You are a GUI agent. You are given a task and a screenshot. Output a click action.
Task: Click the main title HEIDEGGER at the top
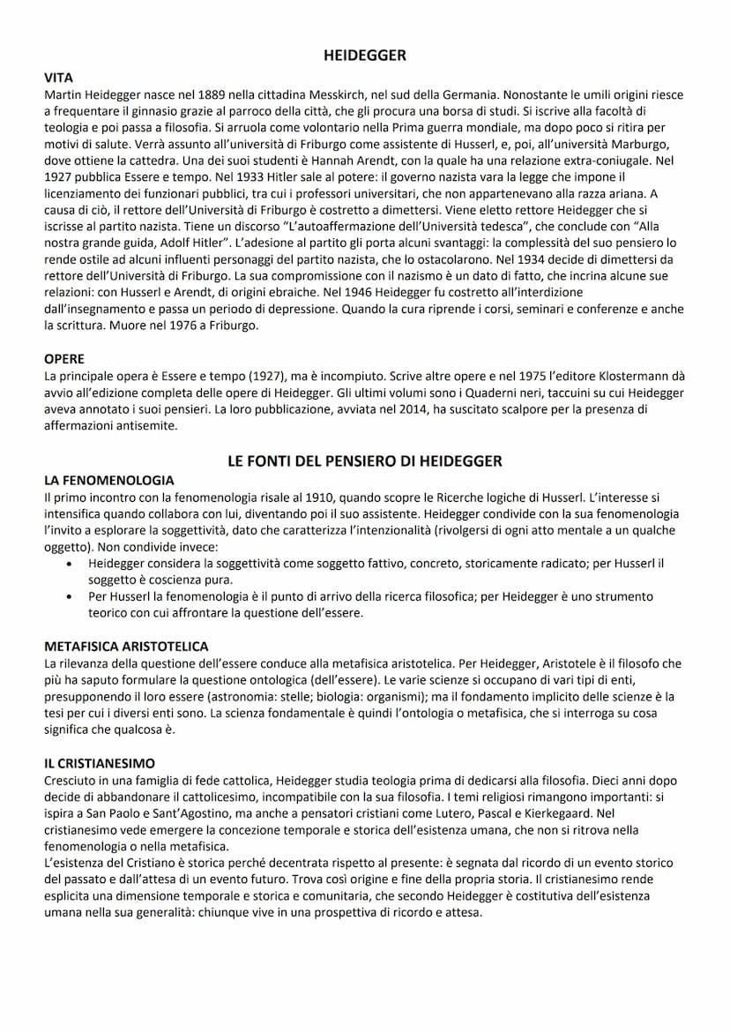pos(365,56)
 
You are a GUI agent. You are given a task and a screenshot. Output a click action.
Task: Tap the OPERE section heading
pos(63,359)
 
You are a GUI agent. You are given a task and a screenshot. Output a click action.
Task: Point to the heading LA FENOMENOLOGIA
pos(108,480)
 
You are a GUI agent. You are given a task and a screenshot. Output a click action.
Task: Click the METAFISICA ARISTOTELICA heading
pos(126,647)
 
